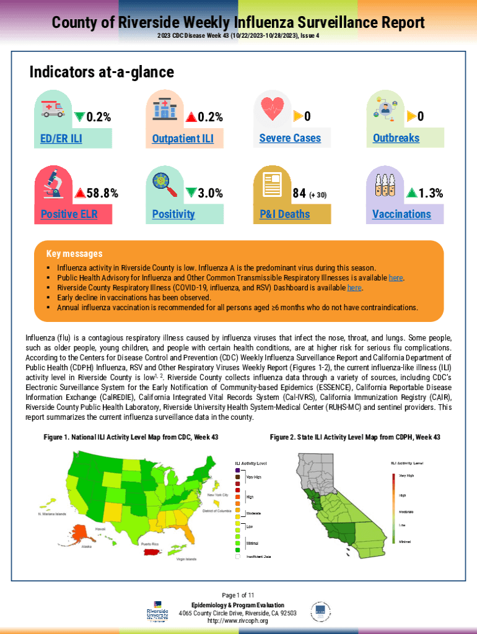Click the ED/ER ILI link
click(61, 138)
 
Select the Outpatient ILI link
click(183, 138)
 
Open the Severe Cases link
click(290, 138)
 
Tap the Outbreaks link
click(396, 138)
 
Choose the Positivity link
click(173, 214)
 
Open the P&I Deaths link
click(285, 214)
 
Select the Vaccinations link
click(401, 214)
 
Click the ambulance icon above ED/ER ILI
click(51, 109)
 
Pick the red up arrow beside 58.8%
click(79, 193)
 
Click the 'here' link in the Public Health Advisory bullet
click(395, 278)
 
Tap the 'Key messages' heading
click(74, 254)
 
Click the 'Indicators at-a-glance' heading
click(102, 72)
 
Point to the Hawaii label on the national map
click(100, 529)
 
